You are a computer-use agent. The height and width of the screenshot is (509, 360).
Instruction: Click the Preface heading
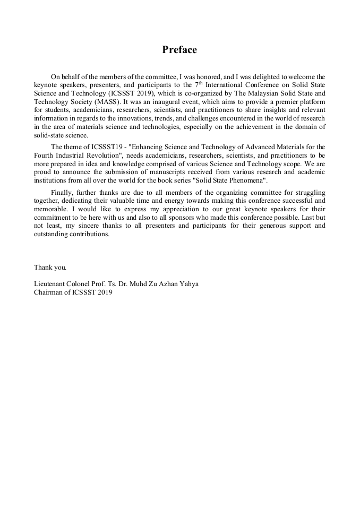click(x=179, y=50)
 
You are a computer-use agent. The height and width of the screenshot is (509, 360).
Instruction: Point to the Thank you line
click(x=50, y=267)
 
